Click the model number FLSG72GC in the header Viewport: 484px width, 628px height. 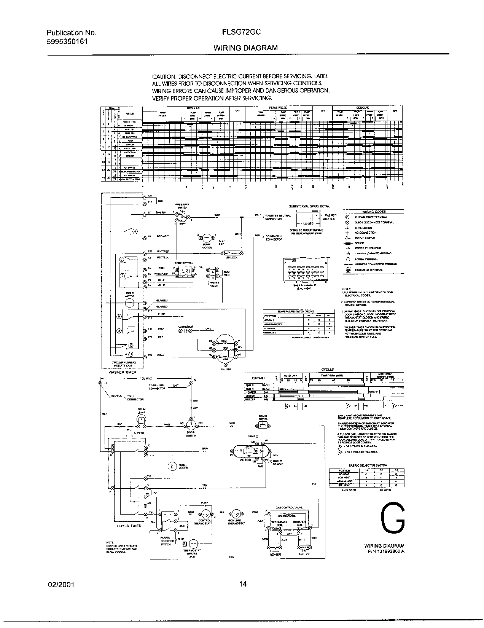click(242, 32)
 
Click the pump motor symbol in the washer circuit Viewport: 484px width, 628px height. click(207, 237)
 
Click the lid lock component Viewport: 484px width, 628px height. click(231, 253)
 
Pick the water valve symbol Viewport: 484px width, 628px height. click(212, 273)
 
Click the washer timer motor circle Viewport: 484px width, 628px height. click(130, 303)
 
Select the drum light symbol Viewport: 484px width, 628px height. click(142, 419)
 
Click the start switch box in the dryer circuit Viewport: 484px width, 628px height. click(263, 426)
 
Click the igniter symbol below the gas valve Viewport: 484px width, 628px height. click(304, 548)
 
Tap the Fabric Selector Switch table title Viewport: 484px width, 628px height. click(365, 465)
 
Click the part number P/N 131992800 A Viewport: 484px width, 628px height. click(386, 551)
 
